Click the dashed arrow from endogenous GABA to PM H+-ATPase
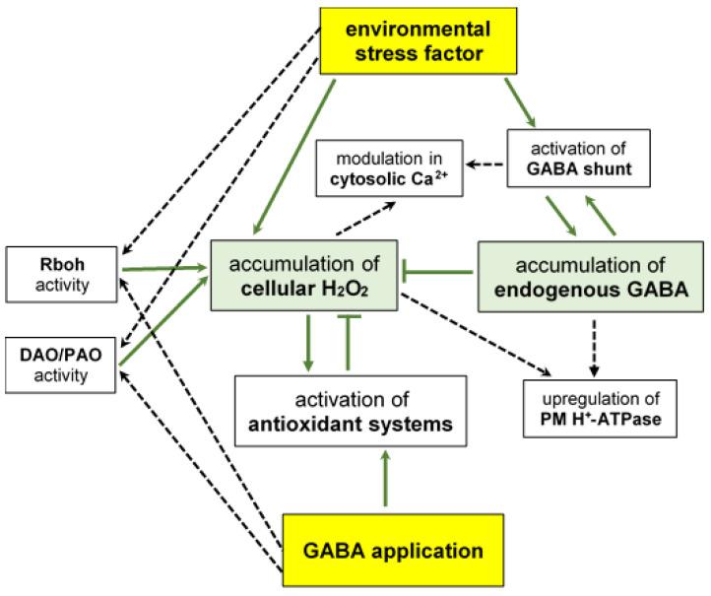point(593,345)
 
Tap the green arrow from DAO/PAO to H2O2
point(162,322)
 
